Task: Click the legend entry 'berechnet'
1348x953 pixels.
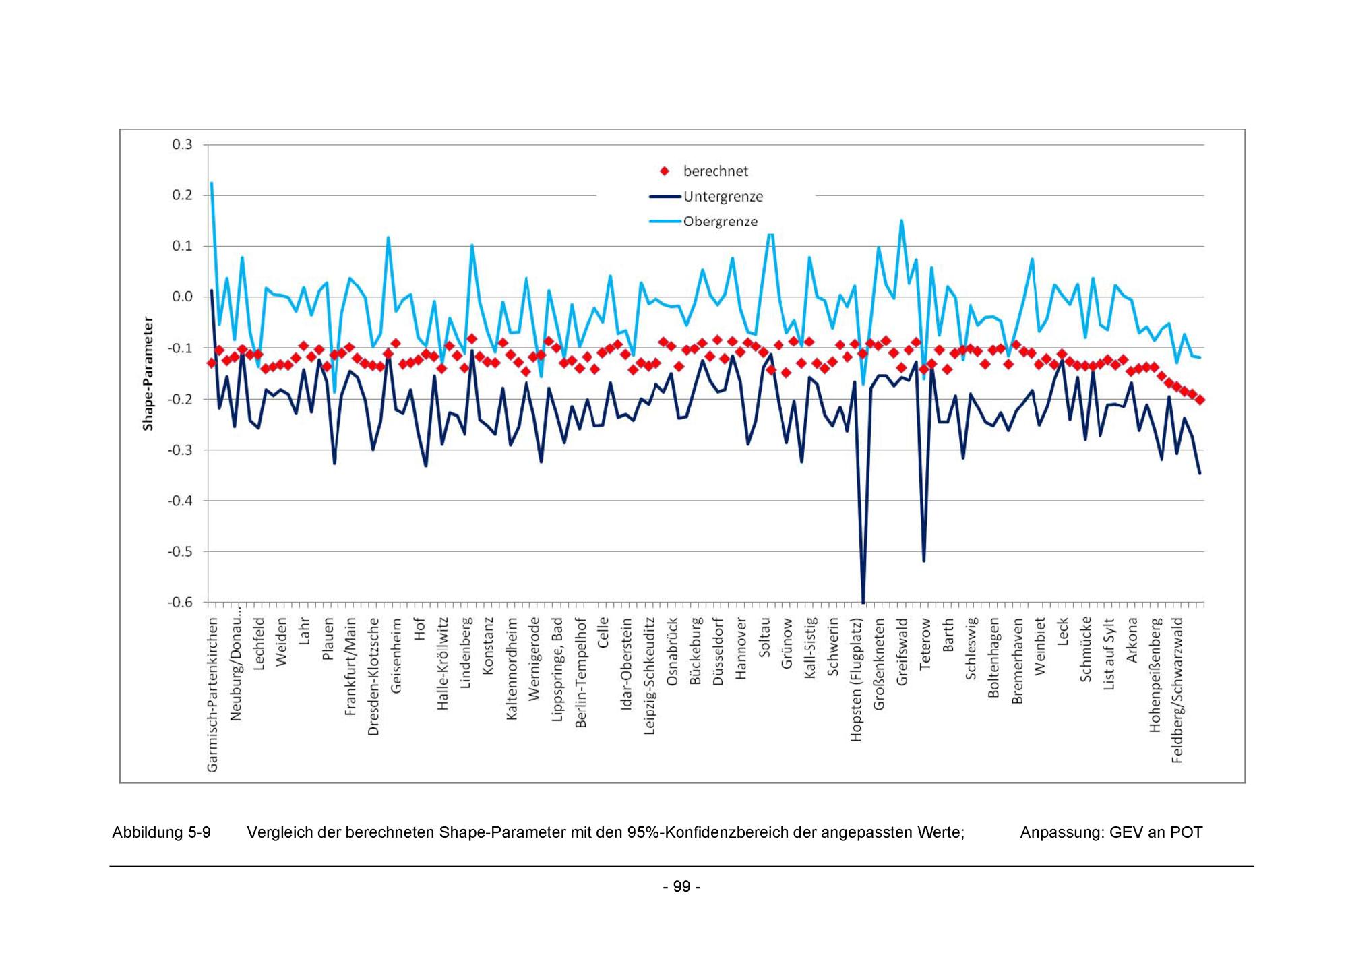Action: [x=715, y=171]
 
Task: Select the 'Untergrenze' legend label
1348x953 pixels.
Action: [x=723, y=197]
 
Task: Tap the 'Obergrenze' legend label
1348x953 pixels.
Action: [x=720, y=222]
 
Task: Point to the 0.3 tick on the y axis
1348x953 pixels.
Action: [x=182, y=144]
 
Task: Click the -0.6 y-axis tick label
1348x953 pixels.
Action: [x=180, y=602]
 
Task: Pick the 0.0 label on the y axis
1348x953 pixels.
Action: [x=182, y=297]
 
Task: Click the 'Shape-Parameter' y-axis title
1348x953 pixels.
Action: [x=148, y=373]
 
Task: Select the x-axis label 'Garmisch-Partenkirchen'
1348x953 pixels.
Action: [x=212, y=694]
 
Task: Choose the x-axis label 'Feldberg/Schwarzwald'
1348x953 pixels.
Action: [x=1177, y=690]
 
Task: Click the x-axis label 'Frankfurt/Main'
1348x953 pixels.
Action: [x=350, y=667]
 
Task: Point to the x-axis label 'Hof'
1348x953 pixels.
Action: [x=419, y=629]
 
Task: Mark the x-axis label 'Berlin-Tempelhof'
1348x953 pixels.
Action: [x=580, y=673]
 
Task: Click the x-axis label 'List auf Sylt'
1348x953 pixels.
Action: [x=1109, y=654]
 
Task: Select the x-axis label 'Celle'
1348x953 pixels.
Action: [x=603, y=633]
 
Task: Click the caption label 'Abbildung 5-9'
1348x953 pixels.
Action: [x=161, y=832]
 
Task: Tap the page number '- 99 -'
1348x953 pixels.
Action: [x=681, y=886]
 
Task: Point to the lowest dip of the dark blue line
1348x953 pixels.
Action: [x=863, y=600]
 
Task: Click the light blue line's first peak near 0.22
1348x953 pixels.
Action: [x=212, y=183]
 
